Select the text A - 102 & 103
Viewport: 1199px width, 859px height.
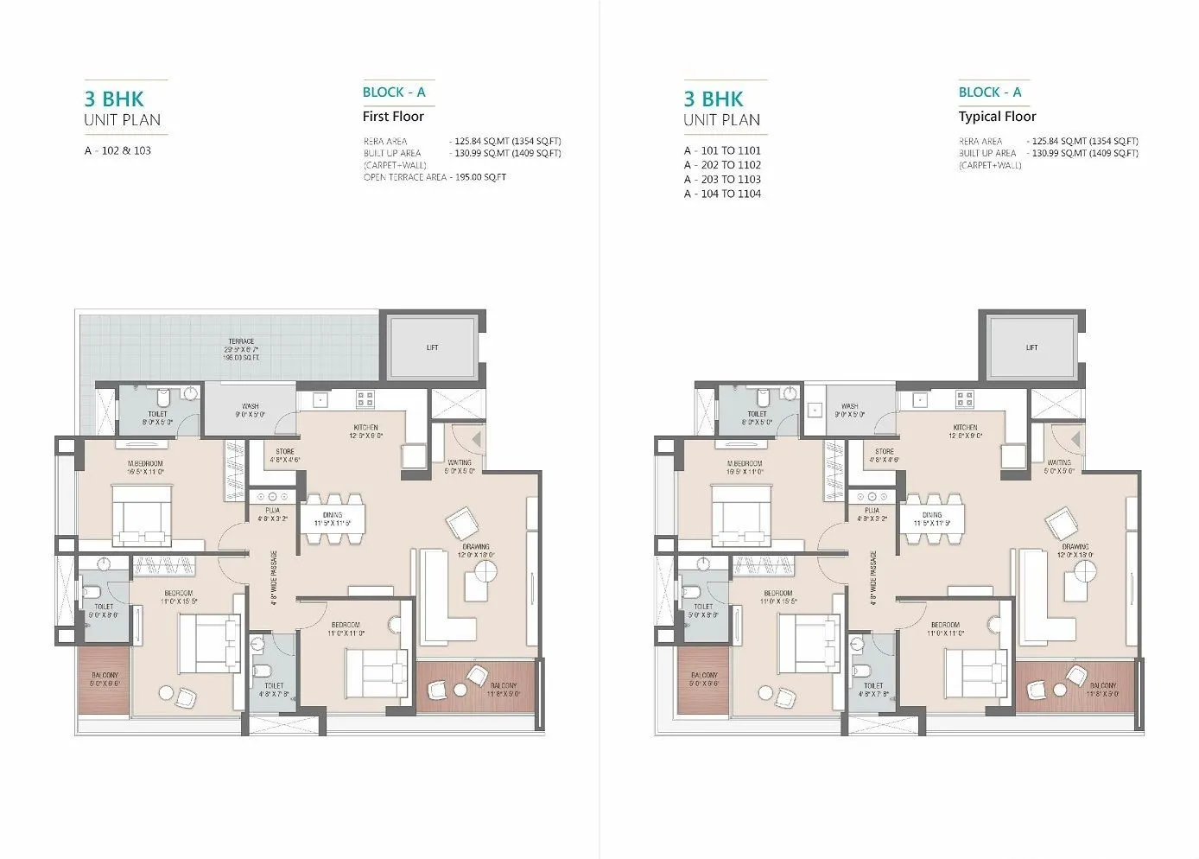tap(117, 150)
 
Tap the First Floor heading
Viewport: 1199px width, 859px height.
tap(393, 117)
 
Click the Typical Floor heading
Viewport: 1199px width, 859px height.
tap(997, 117)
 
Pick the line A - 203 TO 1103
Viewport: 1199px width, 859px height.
tap(722, 180)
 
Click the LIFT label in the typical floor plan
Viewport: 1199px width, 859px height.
tap(1031, 347)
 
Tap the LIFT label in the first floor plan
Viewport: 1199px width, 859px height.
tap(432, 347)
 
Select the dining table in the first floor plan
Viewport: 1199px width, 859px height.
tap(333, 519)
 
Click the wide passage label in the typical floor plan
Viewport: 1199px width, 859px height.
tap(873, 577)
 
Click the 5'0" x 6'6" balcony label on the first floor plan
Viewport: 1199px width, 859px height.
tap(104, 679)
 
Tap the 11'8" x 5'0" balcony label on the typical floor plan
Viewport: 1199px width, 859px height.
tap(1103, 690)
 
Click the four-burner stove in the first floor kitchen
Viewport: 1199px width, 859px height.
tap(365, 399)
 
